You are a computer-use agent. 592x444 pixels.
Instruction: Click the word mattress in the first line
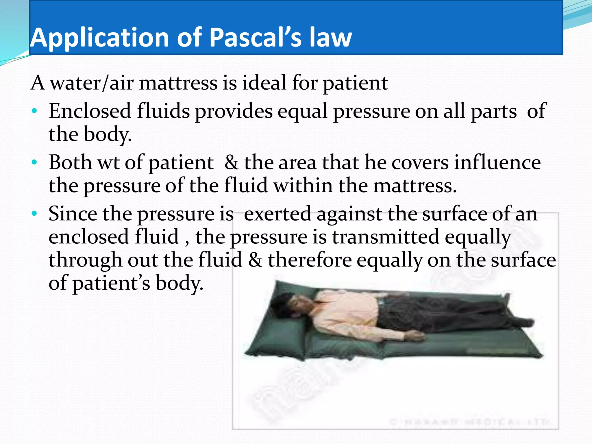tap(178, 83)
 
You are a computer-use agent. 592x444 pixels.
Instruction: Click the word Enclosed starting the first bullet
tap(90, 111)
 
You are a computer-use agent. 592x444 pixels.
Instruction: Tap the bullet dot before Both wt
tap(34, 162)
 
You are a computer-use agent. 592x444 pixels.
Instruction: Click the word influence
tap(497, 162)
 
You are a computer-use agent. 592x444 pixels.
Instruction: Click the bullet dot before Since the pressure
tap(34, 214)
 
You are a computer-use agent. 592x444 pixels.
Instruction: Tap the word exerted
tap(277, 214)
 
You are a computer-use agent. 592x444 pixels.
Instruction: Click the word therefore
tap(310, 260)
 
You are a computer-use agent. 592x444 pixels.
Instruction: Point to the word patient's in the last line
tap(111, 283)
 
